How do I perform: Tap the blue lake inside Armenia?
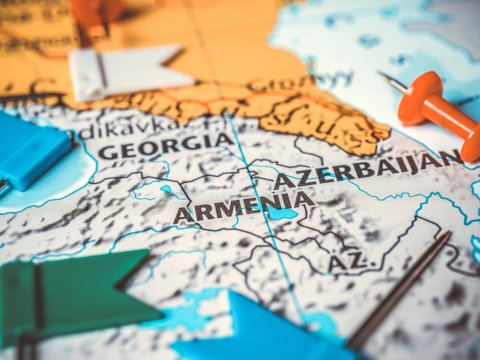pos(283,214)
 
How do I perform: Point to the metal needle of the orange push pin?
pos(391,81)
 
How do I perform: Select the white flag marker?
pos(125,71)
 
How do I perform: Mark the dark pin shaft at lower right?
pos(400,290)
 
